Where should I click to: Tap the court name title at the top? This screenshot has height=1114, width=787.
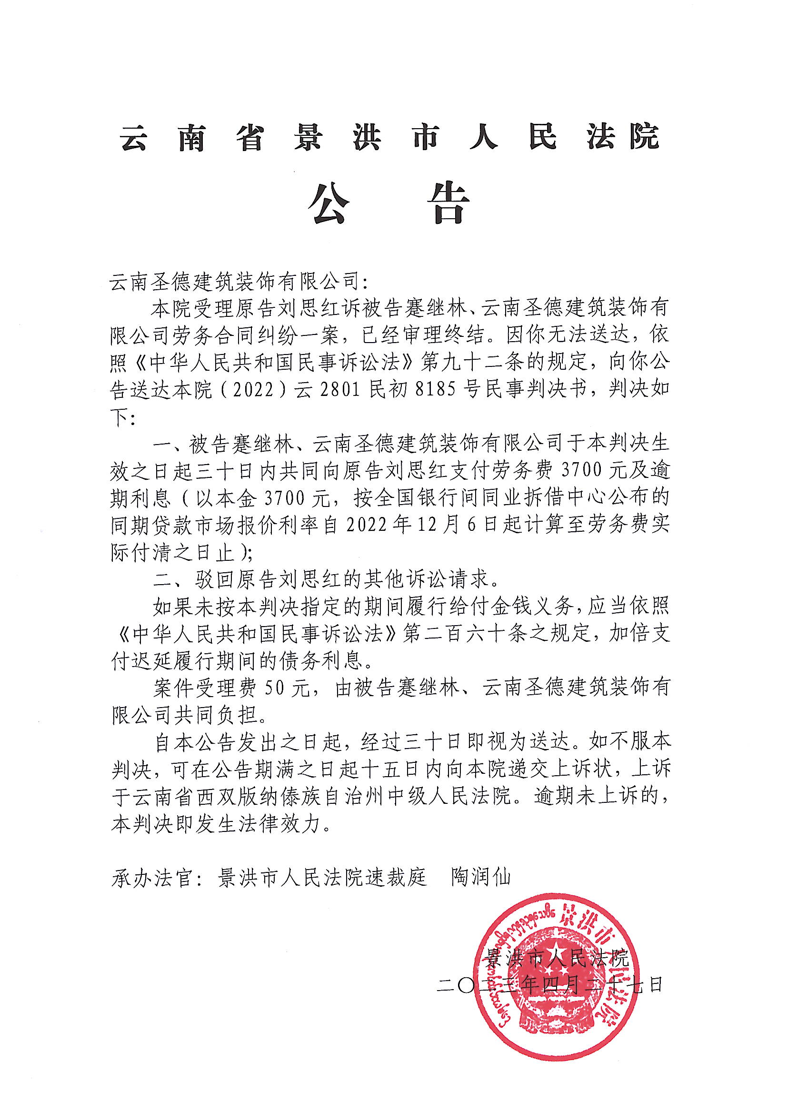(390, 137)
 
